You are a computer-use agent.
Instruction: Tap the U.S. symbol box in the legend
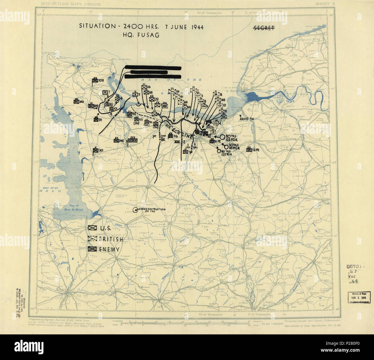(93, 228)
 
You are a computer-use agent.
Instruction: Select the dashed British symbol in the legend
(93, 239)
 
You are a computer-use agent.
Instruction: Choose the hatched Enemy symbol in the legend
(93, 249)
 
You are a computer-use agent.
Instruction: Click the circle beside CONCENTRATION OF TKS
(135, 210)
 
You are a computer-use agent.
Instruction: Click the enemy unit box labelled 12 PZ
(249, 149)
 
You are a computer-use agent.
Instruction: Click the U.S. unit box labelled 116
(144, 87)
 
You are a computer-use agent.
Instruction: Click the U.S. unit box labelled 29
(151, 99)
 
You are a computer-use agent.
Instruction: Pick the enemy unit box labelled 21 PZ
(212, 141)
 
